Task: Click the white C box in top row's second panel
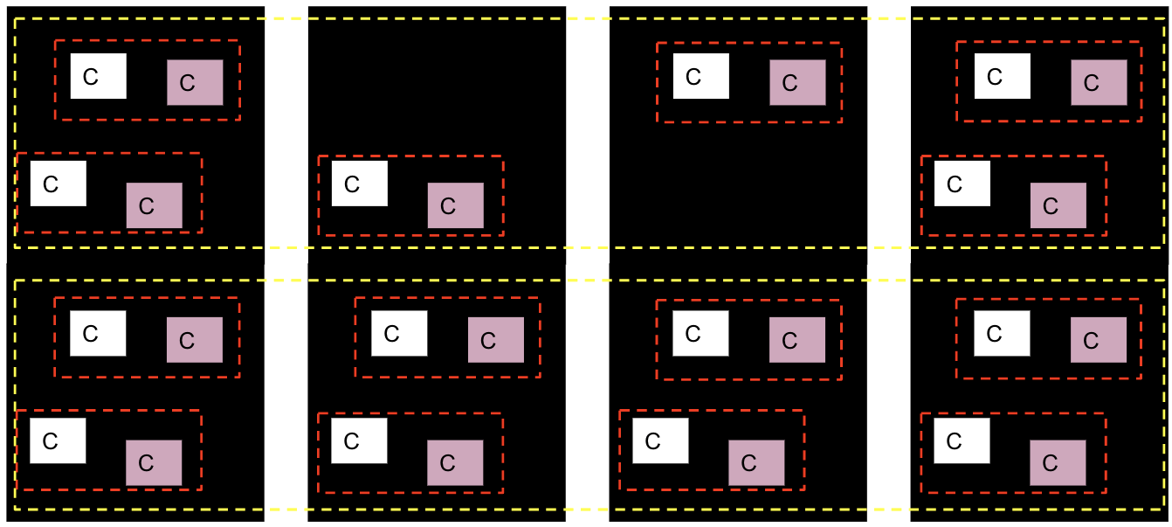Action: click(x=359, y=184)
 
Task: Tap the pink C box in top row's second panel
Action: click(x=455, y=205)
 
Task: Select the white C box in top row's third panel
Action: click(x=700, y=76)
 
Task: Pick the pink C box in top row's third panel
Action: click(x=797, y=82)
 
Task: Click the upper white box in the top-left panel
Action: click(x=98, y=76)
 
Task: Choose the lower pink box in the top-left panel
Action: click(x=154, y=205)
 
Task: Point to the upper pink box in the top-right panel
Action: click(x=1099, y=82)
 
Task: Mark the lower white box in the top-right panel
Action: click(x=962, y=184)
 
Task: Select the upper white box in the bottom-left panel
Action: click(x=98, y=333)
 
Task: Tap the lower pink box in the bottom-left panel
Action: click(x=154, y=462)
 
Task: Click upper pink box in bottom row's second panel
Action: click(x=495, y=340)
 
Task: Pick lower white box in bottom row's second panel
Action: click(x=358, y=440)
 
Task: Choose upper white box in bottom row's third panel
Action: click(x=700, y=333)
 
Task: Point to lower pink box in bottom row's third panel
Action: click(x=756, y=462)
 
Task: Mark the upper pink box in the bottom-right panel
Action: click(x=1099, y=340)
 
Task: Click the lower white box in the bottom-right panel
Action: click(x=962, y=440)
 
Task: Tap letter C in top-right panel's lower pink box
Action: click(x=1050, y=206)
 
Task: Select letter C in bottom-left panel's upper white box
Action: click(x=90, y=334)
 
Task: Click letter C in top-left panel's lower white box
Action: click(x=50, y=184)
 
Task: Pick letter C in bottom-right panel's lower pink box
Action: click(x=1050, y=463)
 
